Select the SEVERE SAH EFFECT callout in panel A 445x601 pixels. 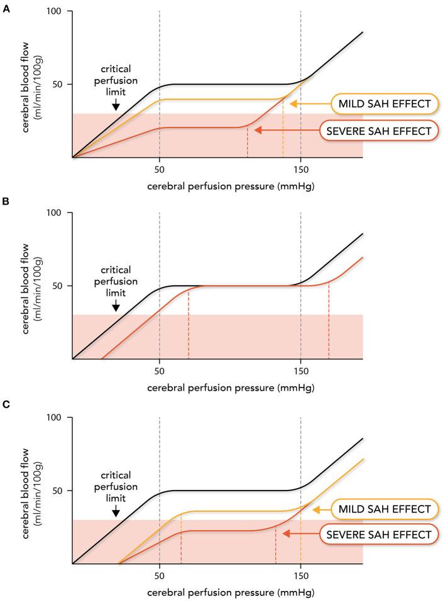[375, 131]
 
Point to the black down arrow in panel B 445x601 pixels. [116, 306]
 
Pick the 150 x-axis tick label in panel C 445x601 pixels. [300, 576]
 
